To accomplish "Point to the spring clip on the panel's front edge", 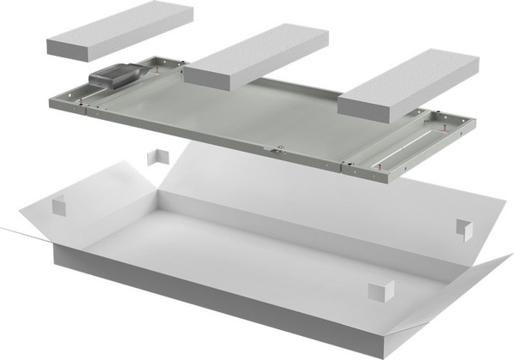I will tap(276, 150).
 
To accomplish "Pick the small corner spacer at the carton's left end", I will tap(59, 207).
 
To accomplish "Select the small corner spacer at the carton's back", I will tap(158, 159).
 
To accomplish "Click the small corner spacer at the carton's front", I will tap(380, 291).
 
